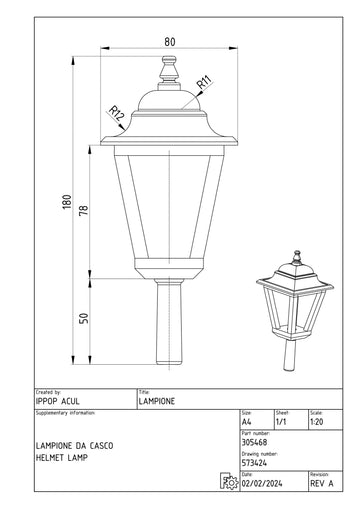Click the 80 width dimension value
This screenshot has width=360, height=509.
click(170, 42)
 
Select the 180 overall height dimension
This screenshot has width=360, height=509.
click(67, 202)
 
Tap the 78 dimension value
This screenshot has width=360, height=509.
click(84, 210)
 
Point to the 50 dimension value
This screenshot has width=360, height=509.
click(84, 318)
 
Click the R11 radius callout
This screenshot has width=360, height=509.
click(204, 83)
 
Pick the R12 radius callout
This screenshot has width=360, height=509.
click(117, 113)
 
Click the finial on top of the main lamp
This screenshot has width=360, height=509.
click(169, 73)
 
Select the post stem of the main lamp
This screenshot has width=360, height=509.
click(169, 322)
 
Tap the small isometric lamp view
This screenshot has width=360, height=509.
click(295, 310)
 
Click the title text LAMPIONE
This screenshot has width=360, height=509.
click(157, 401)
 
